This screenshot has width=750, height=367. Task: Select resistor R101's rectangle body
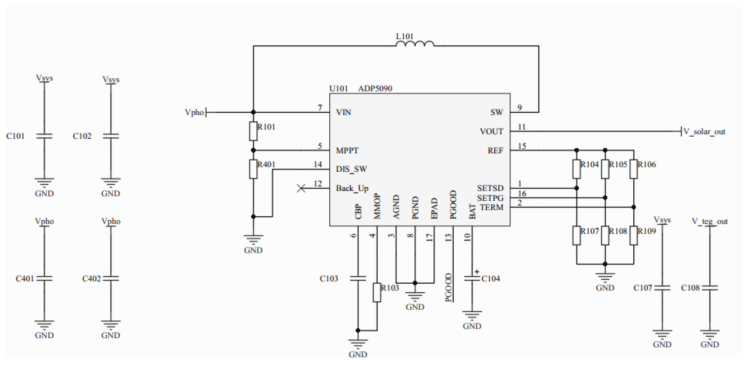[x=253, y=131]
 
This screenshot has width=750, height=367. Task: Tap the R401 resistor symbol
[x=253, y=169]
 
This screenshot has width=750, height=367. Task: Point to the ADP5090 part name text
[x=375, y=88]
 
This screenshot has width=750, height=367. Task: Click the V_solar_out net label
[x=704, y=132]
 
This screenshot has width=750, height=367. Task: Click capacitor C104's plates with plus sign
[x=472, y=278]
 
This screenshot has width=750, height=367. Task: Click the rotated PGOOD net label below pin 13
[x=448, y=287]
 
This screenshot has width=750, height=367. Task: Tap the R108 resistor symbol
[x=605, y=236]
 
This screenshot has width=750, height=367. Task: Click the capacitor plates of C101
[x=44, y=136]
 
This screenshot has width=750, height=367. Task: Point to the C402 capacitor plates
[x=111, y=278]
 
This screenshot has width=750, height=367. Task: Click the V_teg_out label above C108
[x=709, y=221]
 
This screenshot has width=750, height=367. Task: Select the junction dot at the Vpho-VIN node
[x=253, y=112]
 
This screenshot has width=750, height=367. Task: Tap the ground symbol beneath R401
[x=253, y=239]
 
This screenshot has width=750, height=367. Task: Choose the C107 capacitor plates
[x=662, y=288]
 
